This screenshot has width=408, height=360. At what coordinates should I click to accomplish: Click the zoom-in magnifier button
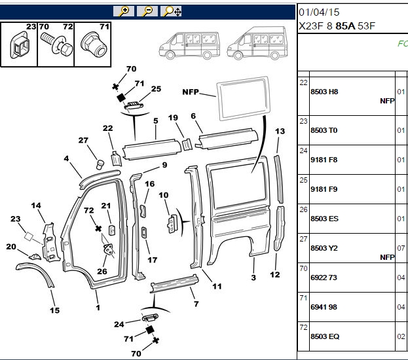[x=124, y=11]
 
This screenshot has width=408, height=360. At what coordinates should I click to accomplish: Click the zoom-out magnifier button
[x=147, y=11]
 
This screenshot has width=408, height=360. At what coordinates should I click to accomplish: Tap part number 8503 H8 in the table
[x=324, y=92]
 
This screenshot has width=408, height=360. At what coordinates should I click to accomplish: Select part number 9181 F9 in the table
[x=324, y=189]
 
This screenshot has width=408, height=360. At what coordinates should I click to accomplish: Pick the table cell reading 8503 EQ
[x=325, y=336]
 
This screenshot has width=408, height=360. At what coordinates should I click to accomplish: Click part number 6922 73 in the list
[x=324, y=278]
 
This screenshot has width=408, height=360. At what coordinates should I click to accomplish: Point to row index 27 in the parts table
[x=303, y=239]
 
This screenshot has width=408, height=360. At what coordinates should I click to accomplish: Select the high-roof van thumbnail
[x=257, y=43]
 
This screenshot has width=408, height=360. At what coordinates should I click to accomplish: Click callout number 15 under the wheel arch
[x=54, y=310]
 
